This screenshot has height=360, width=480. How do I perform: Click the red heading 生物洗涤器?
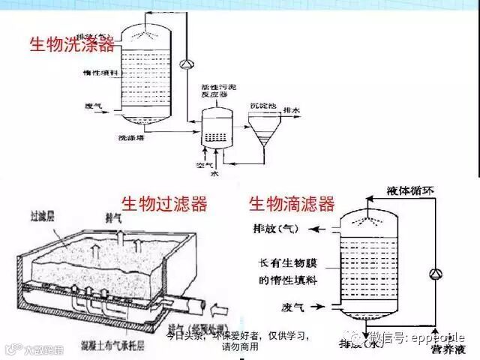[72, 44]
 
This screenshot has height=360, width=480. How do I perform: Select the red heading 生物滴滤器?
[292, 204]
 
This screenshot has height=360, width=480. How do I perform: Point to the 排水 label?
[291, 110]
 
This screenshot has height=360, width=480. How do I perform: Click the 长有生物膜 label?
[279, 263]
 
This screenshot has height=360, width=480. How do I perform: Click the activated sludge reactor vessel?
[217, 125]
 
